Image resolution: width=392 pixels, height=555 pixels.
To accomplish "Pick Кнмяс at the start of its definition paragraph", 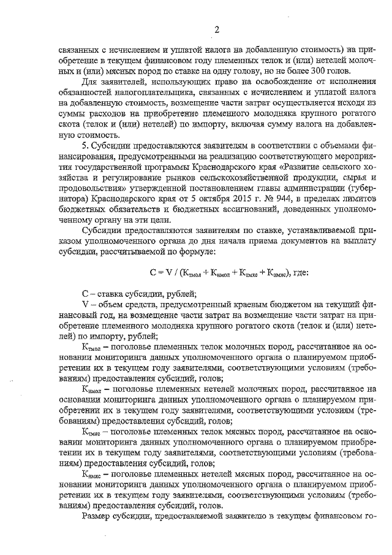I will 92,474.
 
